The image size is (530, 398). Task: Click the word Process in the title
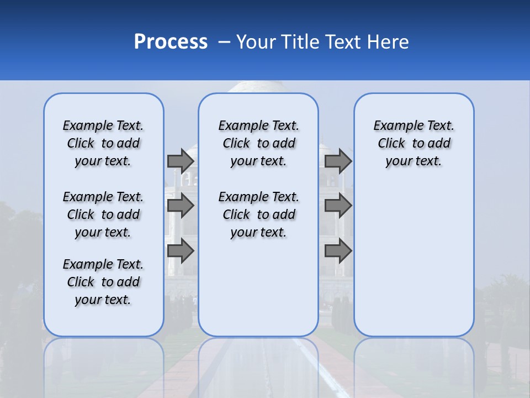pos(171,42)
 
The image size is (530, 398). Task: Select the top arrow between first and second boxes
pos(181,161)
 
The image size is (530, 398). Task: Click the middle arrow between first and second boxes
pos(181,206)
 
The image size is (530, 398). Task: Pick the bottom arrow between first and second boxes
pos(181,252)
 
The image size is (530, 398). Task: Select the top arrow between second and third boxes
pos(338,161)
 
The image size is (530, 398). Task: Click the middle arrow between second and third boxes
pos(338,206)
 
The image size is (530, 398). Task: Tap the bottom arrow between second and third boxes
pos(338,252)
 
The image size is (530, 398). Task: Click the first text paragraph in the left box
pos(103,143)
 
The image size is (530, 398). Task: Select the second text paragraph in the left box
pos(103,214)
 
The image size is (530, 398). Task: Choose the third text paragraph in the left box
pos(103,282)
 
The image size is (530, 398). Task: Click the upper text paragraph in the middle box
pos(258,143)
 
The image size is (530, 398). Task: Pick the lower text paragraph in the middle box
pos(258,214)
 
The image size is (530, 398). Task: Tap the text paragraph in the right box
pos(414,143)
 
